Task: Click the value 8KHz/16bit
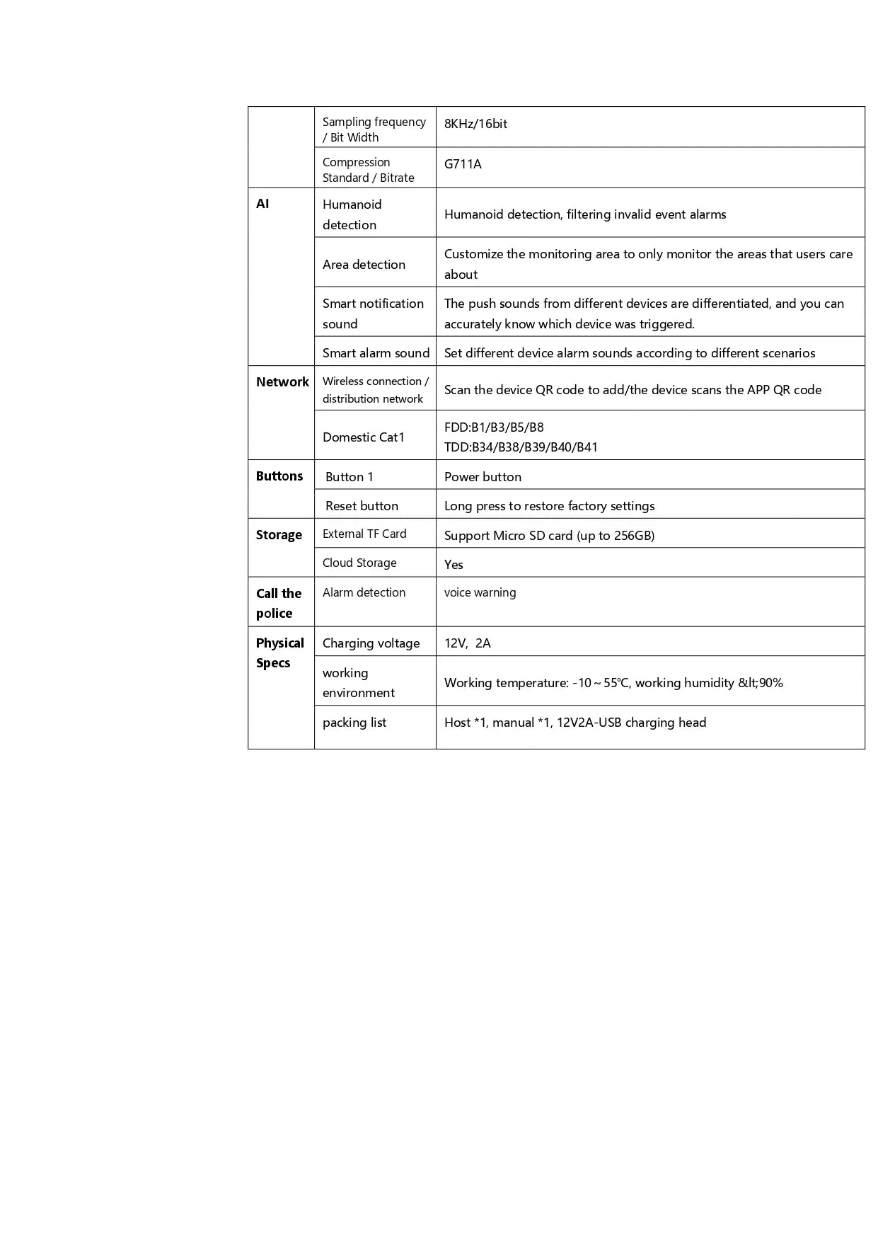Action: (x=475, y=124)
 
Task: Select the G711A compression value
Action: (x=463, y=164)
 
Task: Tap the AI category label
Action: (x=262, y=204)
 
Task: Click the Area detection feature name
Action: (x=364, y=265)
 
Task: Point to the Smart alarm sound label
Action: (x=376, y=353)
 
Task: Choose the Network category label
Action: (x=282, y=382)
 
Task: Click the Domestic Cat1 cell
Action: (x=364, y=437)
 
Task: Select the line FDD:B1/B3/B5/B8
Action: (x=494, y=427)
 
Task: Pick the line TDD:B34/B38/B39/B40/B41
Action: (x=521, y=447)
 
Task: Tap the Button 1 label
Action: (x=350, y=477)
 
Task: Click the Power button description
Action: (x=483, y=477)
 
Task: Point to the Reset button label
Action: (x=362, y=506)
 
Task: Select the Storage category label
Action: (x=279, y=535)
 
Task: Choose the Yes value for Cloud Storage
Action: (x=454, y=565)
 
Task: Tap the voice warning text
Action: (x=480, y=593)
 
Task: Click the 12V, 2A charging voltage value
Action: (x=467, y=643)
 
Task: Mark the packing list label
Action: (x=354, y=723)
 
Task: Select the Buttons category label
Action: (x=279, y=476)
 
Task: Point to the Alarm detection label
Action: (x=364, y=593)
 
